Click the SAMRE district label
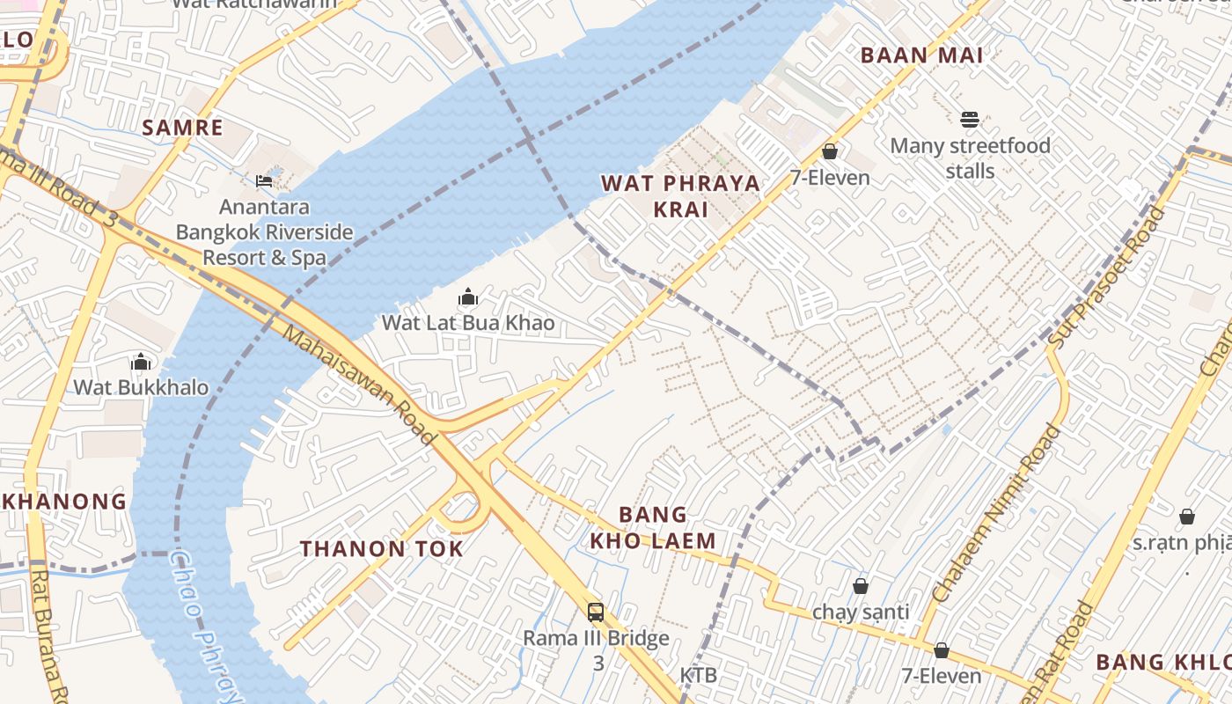(182, 128)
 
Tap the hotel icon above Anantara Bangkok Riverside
(264, 181)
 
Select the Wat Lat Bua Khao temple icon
(468, 297)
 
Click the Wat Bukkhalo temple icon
(141, 362)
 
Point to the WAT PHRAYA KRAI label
(680, 196)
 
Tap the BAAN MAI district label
(921, 55)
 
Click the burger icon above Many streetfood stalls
(970, 120)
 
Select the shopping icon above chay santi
(861, 585)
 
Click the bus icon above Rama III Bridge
(596, 612)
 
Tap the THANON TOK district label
(381, 549)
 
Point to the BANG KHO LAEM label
(652, 527)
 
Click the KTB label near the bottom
(698, 675)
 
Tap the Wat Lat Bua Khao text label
(468, 323)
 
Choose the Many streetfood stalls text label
(970, 158)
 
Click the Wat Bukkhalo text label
(141, 387)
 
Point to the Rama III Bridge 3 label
(597, 649)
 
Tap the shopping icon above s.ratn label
(1186, 517)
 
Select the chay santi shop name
(861, 611)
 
